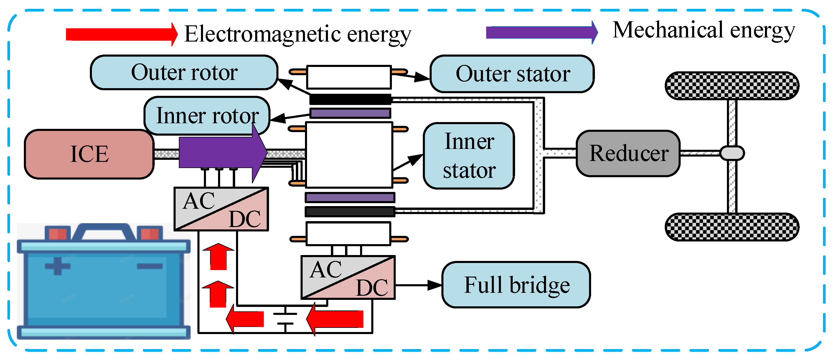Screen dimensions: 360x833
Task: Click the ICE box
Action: [x=89, y=154]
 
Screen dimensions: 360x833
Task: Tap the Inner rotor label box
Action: [x=207, y=116]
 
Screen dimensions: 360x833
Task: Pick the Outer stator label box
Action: [x=512, y=74]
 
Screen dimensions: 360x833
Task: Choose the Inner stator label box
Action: [x=469, y=156]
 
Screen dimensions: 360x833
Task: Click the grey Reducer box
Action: [x=628, y=153]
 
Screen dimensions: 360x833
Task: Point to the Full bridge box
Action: [x=517, y=285]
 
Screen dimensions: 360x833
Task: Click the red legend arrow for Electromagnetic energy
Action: [x=121, y=34]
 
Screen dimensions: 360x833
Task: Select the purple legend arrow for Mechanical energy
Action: [x=542, y=32]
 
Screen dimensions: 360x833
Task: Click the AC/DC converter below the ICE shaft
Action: [x=222, y=209]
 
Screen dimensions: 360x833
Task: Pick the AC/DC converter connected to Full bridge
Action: [x=348, y=277]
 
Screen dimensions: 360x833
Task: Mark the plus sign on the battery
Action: [x=57, y=266]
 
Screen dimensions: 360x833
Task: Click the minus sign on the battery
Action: [x=150, y=266]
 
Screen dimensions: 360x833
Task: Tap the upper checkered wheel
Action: [x=732, y=86]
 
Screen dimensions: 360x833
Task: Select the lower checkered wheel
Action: [x=732, y=227]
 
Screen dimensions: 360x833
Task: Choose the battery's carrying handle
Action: [x=103, y=230]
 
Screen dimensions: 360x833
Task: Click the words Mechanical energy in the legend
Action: [x=704, y=30]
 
